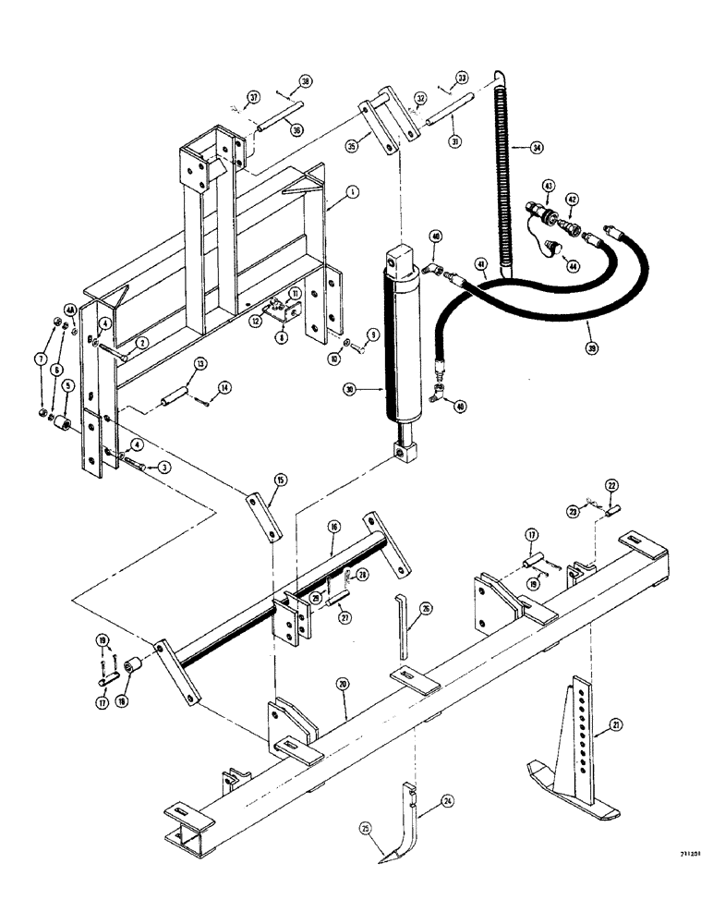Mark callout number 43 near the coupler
pyautogui.click(x=548, y=188)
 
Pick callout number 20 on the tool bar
pyautogui.click(x=344, y=685)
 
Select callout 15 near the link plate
pyautogui.click(x=279, y=480)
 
